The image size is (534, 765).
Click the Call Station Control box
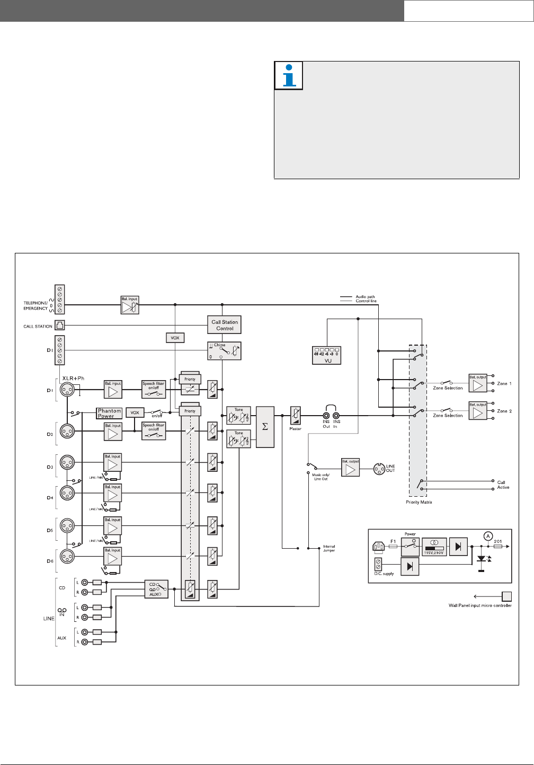[x=225, y=325]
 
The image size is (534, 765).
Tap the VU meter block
[x=326, y=355]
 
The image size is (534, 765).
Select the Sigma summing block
[x=265, y=427]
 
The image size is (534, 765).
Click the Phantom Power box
[x=109, y=414]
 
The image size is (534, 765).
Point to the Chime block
[x=224, y=351]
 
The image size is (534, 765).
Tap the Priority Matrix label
[x=418, y=502]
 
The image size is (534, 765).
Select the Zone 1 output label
[x=504, y=383]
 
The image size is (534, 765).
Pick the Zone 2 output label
[x=504, y=411]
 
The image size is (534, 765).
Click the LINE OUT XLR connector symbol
[x=379, y=469]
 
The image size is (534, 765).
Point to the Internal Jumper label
[x=329, y=548]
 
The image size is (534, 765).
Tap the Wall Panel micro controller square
[x=507, y=595]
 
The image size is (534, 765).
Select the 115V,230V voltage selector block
[x=434, y=546]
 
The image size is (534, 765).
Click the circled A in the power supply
[x=487, y=536]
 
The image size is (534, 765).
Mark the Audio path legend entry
[x=366, y=297]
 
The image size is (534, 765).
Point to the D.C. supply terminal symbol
[x=379, y=564]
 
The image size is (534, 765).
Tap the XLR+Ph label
[x=73, y=379]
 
